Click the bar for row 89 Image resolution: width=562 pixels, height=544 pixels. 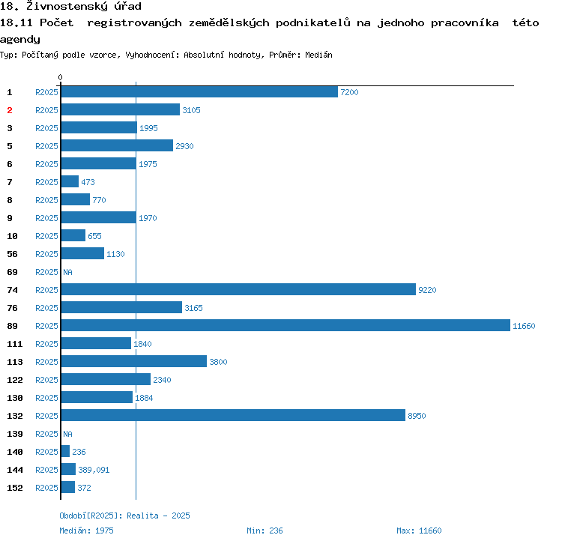tap(285, 325)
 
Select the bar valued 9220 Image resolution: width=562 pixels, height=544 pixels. tap(238, 289)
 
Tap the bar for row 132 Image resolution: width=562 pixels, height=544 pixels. tap(233, 415)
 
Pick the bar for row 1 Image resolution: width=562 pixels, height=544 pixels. tap(199, 91)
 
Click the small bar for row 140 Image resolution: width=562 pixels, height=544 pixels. tap(65, 451)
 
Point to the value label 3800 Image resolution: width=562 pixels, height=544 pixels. tap(218, 362)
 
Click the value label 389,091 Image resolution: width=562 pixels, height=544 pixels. tap(94, 470)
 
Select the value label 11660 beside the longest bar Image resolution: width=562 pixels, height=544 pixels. tap(524, 326)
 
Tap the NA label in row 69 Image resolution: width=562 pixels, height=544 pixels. tap(67, 272)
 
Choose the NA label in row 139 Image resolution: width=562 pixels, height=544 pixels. tap(67, 434)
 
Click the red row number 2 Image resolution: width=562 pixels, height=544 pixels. tap(10, 110)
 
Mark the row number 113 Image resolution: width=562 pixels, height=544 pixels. tap(15, 362)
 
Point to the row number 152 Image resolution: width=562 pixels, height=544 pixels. tap(15, 488)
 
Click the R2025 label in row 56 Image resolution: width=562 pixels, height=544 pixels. tap(46, 254)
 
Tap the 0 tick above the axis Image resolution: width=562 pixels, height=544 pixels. tap(61, 77)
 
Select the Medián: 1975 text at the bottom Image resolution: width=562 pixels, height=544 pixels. tap(86, 531)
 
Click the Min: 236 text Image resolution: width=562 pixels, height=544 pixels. tap(265, 531)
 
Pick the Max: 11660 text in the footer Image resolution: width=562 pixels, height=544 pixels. tap(419, 531)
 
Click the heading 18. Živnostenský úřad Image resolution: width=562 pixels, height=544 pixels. tap(70, 7)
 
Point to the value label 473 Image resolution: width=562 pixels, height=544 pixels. tap(88, 182)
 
